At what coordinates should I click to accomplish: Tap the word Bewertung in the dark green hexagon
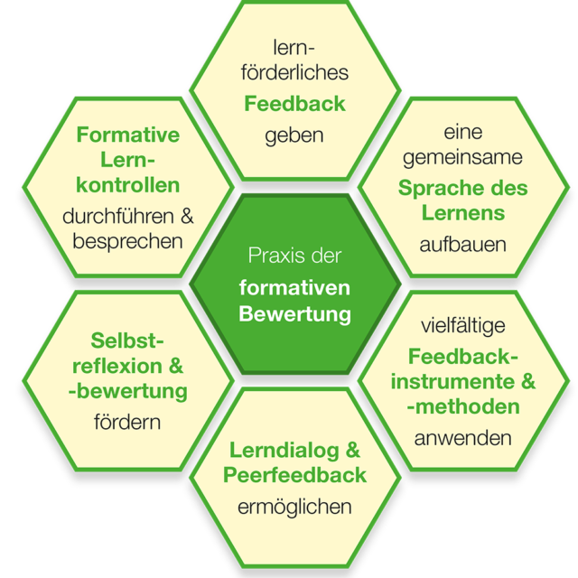(294, 314)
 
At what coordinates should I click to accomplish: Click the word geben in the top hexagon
(294, 136)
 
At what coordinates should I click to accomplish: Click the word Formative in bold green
(128, 135)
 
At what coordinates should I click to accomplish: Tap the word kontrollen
(128, 185)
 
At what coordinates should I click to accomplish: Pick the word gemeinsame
(463, 157)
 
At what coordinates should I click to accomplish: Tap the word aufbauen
(463, 243)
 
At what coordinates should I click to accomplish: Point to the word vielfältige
(463, 323)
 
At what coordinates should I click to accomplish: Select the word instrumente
(453, 381)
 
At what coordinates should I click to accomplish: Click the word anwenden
(463, 438)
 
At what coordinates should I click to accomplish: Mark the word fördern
(127, 422)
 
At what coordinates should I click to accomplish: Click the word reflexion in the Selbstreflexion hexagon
(117, 366)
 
